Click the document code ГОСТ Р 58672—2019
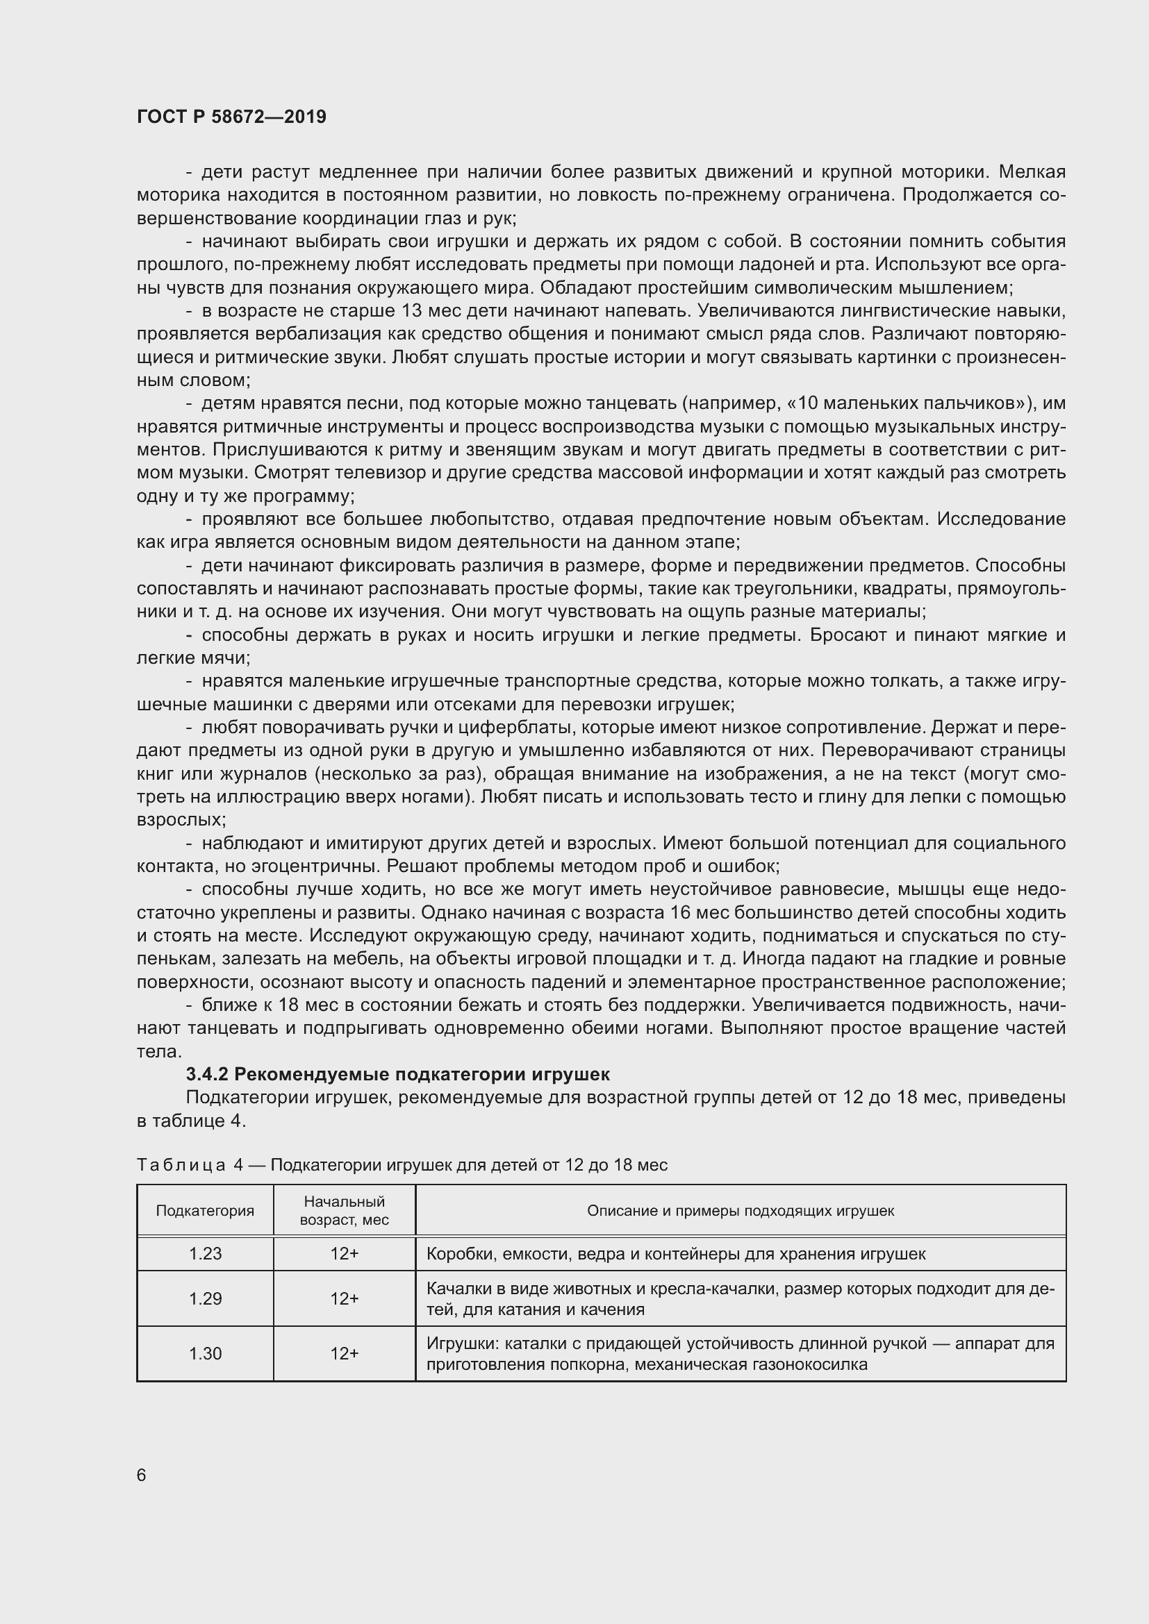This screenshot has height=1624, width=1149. click(x=231, y=117)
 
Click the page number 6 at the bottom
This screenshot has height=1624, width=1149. click(x=142, y=1475)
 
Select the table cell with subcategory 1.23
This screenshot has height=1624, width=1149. click(x=205, y=1253)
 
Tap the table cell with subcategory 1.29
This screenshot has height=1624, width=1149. click(x=205, y=1298)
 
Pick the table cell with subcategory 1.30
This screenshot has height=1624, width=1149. click(x=205, y=1353)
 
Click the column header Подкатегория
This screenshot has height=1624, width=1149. click(x=205, y=1210)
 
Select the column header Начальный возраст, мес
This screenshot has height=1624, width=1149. click(x=345, y=1210)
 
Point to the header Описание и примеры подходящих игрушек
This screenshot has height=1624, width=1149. click(x=741, y=1210)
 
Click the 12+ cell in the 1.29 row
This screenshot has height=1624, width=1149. click(x=345, y=1298)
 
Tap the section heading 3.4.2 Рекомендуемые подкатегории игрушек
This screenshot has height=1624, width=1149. click(x=397, y=1074)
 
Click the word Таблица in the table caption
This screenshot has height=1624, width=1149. click(x=181, y=1165)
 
